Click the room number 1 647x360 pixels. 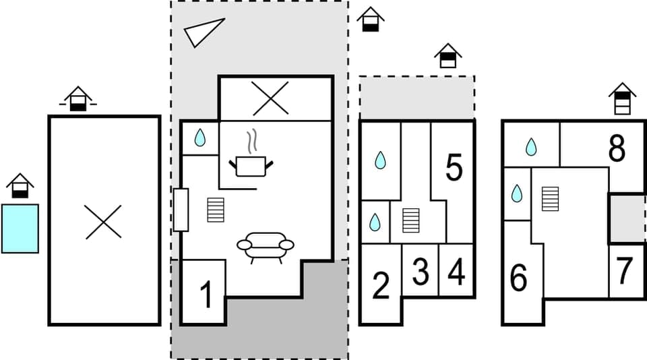tap(206, 295)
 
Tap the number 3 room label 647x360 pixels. tap(420, 272)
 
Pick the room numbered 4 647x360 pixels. tap(456, 272)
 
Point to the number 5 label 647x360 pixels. tap(454, 168)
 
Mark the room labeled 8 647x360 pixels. tap(617, 150)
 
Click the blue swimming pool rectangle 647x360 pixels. tap(20, 229)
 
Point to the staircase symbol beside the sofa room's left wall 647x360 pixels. tap(215, 210)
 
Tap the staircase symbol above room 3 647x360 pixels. tap(410, 220)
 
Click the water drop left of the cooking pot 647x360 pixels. tap(199, 138)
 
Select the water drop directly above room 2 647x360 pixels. tap(375, 222)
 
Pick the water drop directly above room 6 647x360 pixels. tap(517, 194)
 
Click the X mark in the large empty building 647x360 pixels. tap(104, 221)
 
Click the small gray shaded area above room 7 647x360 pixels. tap(627, 218)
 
